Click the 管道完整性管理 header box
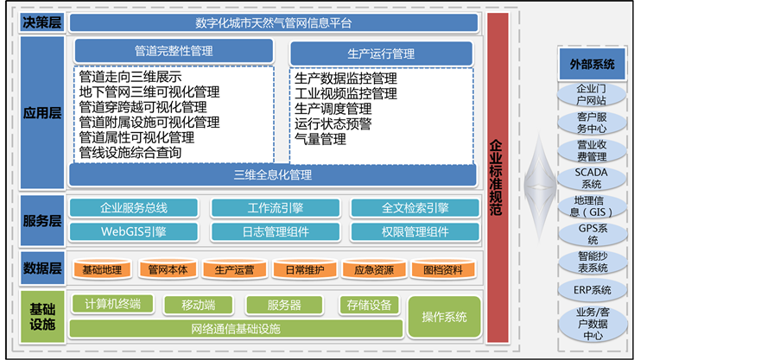(174, 51)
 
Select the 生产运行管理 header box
(381, 54)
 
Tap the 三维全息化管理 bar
(272, 174)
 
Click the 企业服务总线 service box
(134, 208)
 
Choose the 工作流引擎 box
(275, 208)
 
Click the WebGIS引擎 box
(134, 231)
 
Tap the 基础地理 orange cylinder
(102, 270)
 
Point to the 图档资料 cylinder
(441, 270)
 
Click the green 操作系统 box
(444, 317)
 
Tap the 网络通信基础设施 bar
(236, 329)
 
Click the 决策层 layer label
(41, 22)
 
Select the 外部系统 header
(592, 64)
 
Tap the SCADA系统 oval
(592, 178)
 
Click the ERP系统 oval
(592, 289)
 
